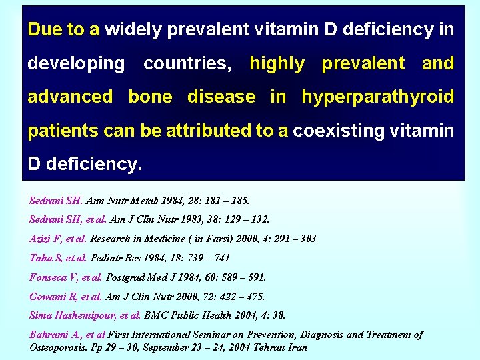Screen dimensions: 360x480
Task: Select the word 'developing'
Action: click(x=76, y=64)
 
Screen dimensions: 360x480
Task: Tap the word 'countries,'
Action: click(x=188, y=64)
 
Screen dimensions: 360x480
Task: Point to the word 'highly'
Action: click(x=277, y=64)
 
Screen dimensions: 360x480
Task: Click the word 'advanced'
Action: click(x=70, y=97)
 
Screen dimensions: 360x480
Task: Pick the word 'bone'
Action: click(x=150, y=97)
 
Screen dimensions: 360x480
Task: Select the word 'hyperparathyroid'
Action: click(x=378, y=97)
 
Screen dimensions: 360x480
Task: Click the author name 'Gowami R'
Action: click(x=54, y=296)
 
